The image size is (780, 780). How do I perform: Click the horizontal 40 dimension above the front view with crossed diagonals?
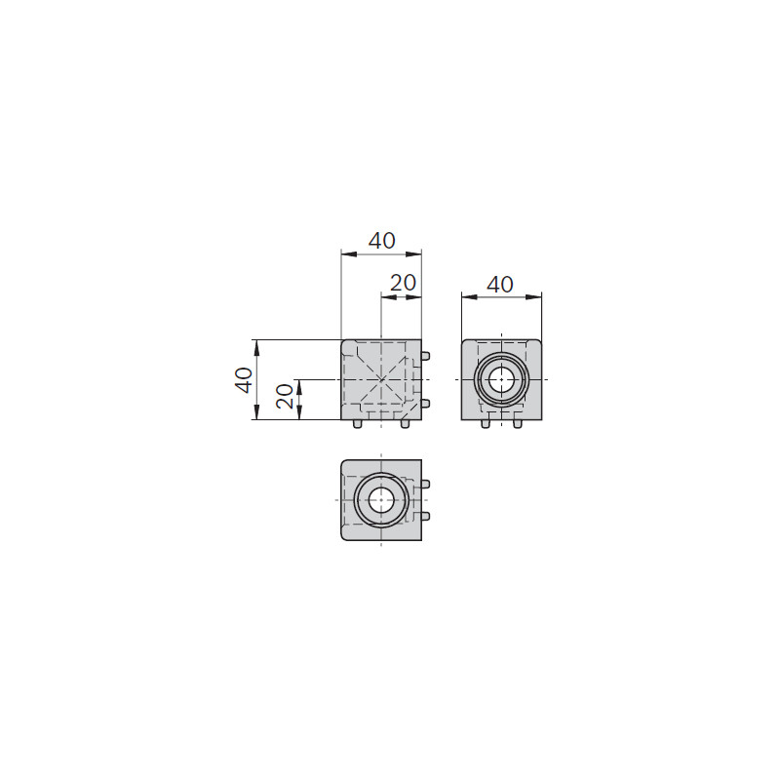coord(381,241)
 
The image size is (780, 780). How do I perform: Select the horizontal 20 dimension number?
coord(403,283)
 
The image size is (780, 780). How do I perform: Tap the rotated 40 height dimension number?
coord(245,380)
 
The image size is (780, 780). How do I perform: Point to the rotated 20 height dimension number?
coord(285,397)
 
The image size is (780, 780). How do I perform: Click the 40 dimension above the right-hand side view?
coord(500,285)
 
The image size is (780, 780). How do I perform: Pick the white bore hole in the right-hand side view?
coord(501,380)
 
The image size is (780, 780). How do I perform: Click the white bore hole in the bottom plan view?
coord(381,500)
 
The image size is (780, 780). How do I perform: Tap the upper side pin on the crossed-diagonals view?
coord(425,356)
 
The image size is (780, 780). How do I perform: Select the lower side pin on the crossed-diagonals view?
coord(425,404)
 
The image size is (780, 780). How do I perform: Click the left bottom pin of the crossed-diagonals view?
coord(357,424)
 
